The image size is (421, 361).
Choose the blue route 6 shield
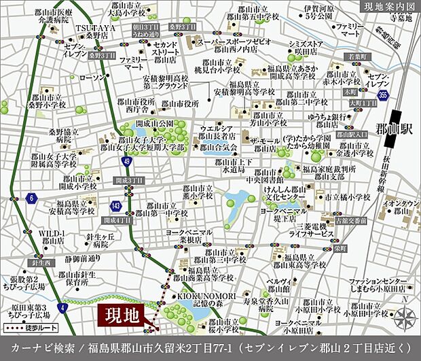click(x=31, y=197)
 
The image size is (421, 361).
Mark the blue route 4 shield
click(x=63, y=290)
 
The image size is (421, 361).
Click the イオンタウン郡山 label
click(x=401, y=207)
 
